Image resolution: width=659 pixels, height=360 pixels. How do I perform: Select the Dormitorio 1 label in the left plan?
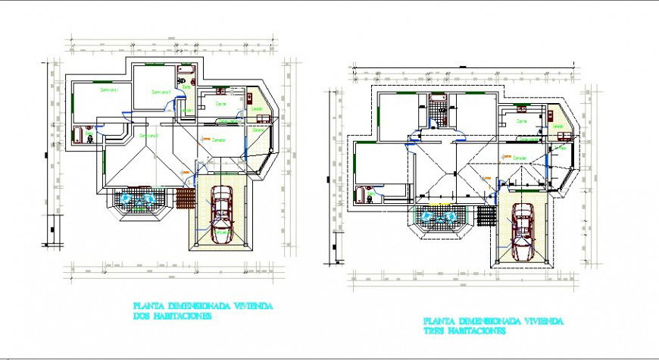tap(110, 89)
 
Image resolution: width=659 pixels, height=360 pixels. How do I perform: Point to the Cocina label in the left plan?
tap(221, 103)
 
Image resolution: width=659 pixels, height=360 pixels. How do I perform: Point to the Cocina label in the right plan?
tap(522, 121)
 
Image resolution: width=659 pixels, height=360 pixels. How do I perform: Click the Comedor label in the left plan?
tap(218, 139)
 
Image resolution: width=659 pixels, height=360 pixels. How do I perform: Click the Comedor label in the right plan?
tap(520, 158)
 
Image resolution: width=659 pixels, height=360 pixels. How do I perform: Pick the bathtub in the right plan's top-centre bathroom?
tap(438, 99)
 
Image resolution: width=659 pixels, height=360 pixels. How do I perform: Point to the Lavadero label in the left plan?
tap(257, 108)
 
